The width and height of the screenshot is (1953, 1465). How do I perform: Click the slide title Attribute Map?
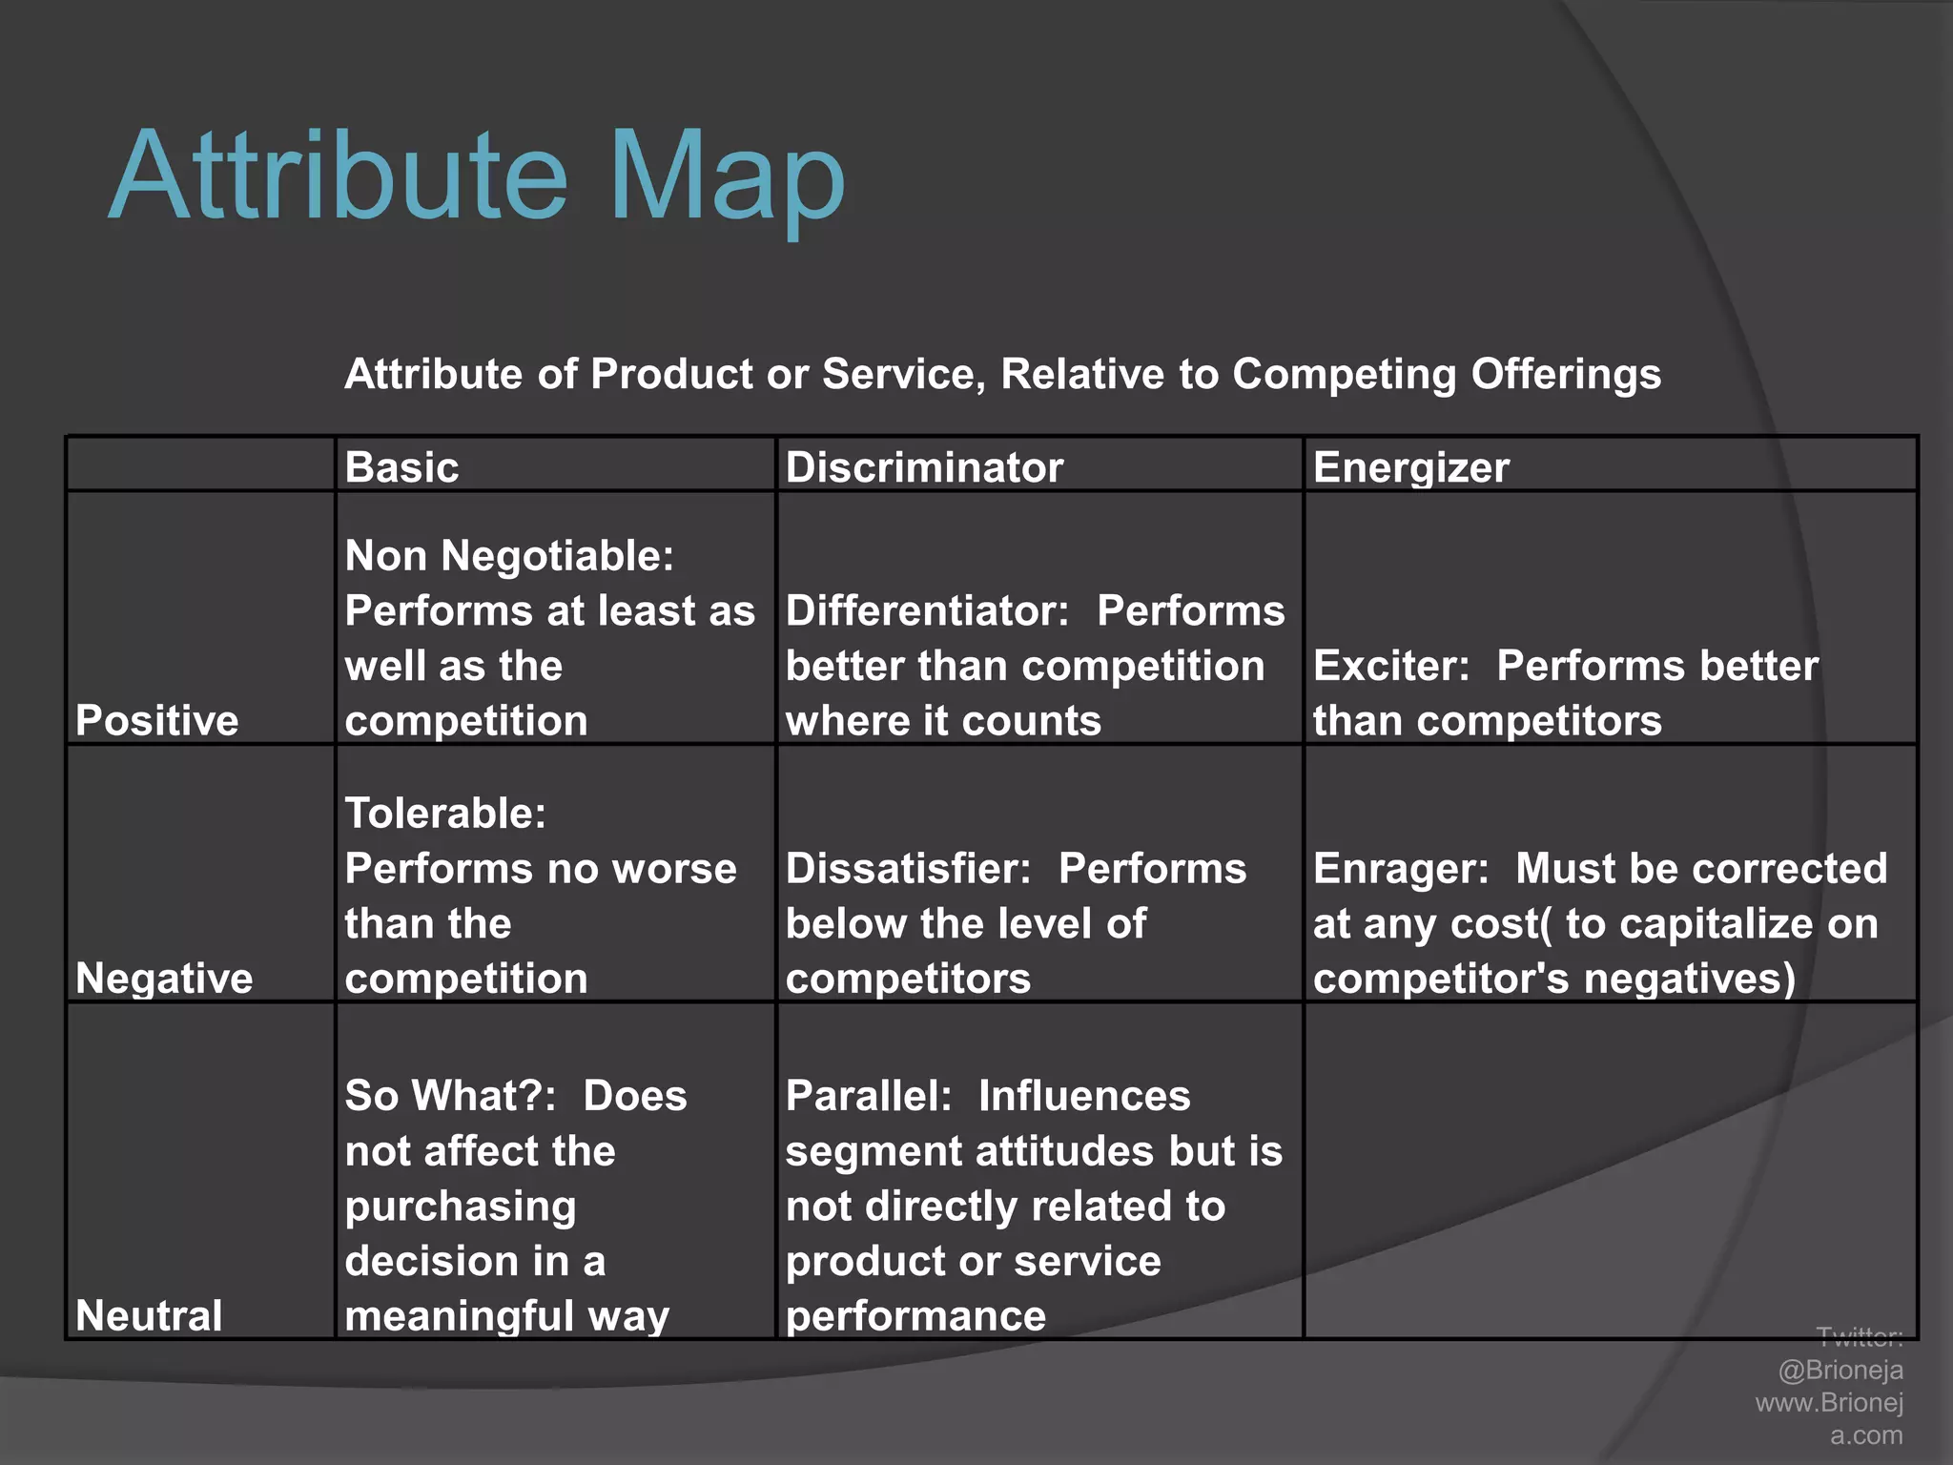tap(477, 176)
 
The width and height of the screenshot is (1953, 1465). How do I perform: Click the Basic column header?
tap(401, 467)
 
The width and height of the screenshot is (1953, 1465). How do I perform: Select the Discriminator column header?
tap(923, 467)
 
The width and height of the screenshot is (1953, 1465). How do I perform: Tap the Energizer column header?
tap(1410, 467)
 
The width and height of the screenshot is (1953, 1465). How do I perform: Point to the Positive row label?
tap(156, 720)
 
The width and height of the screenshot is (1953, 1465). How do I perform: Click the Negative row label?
tap(164, 979)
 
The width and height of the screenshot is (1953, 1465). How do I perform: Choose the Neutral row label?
tap(149, 1316)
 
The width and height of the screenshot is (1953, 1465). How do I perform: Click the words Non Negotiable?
tap(507, 556)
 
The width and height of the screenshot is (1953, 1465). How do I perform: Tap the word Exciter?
tap(1389, 666)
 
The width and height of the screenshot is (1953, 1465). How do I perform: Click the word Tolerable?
tap(443, 814)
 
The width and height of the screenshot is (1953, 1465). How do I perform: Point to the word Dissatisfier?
tap(907, 869)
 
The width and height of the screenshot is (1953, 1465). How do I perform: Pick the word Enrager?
tap(1399, 869)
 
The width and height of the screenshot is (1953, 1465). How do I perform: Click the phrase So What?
tap(448, 1096)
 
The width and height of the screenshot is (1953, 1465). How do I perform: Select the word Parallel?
tap(867, 1096)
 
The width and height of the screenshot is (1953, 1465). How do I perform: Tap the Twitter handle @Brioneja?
tap(1840, 1370)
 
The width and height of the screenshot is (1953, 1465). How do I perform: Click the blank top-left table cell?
tap(200, 464)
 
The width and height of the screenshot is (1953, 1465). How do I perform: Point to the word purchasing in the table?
tap(460, 1207)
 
